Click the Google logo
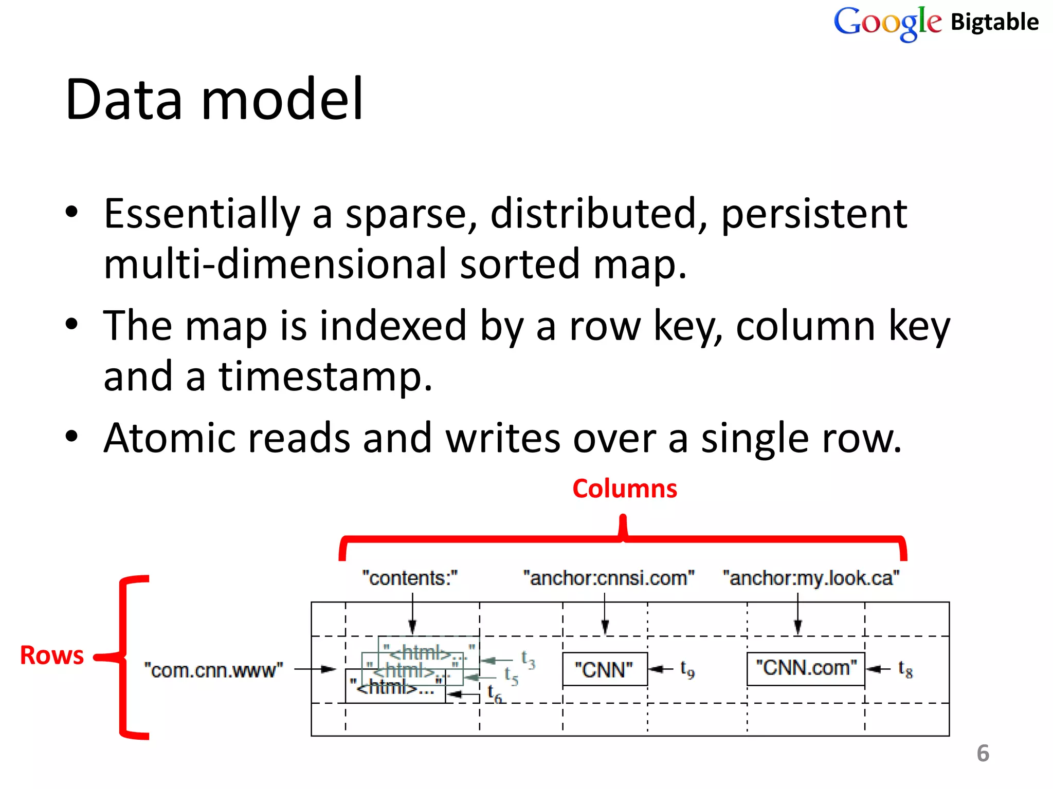(887, 23)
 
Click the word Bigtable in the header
(994, 22)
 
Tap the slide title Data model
(214, 99)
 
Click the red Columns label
(625, 489)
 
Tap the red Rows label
(51, 655)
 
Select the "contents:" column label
(410, 578)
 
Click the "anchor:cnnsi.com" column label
(609, 578)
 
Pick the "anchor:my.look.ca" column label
(811, 578)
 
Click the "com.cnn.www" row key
(213, 670)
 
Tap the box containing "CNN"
(605, 669)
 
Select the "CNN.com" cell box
(806, 668)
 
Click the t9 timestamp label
(687, 669)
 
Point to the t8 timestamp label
(905, 669)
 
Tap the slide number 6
(983, 754)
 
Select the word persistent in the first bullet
(814, 214)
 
